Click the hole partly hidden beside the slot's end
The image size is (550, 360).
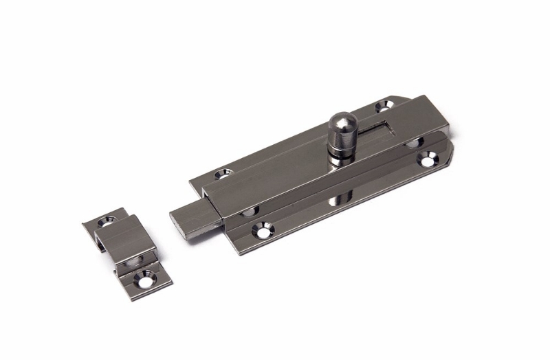click(x=415, y=143)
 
